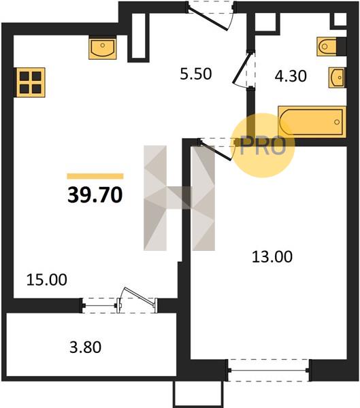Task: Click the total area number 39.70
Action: (95, 195)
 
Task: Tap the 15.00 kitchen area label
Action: (47, 280)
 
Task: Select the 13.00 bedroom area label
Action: (272, 257)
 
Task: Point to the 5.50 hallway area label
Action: (196, 74)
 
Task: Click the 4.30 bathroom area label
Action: (291, 76)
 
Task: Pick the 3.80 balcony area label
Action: (86, 347)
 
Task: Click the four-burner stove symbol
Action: (31, 82)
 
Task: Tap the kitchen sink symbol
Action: (102, 49)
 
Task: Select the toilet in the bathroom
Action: (327, 46)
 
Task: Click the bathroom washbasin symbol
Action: (337, 78)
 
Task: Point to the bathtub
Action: (312, 122)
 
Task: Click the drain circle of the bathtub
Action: (337, 122)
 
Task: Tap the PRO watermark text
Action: (263, 146)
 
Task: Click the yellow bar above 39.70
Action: (95, 176)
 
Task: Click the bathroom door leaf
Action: (242, 67)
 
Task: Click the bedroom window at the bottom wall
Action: (269, 370)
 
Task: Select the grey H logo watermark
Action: (179, 198)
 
